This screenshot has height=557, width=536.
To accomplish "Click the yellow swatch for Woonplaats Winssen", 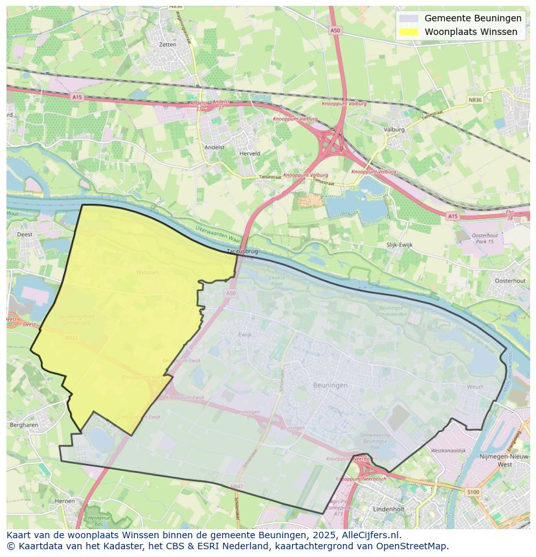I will point(408,32).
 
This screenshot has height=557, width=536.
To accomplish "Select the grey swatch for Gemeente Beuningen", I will point(408,18).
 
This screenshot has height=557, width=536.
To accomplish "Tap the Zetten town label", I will point(167,45).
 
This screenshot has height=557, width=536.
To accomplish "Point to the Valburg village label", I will point(394,129).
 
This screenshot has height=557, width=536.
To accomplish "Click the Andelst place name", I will point(214,147).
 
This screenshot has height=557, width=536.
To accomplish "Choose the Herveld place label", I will point(250,153).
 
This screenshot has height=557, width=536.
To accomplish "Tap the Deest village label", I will point(25,235).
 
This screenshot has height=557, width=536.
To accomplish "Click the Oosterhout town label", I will point(510,281).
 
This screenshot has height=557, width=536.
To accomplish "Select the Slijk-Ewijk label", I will point(399,245).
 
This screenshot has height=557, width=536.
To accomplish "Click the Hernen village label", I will point(65,501).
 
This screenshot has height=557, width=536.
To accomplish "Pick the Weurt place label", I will point(475,386).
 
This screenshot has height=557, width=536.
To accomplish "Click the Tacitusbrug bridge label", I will point(243,250).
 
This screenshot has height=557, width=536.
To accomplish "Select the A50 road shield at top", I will point(335,30).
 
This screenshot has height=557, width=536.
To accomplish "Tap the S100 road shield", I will point(473,492).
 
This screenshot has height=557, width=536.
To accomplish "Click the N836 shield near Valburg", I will point(475,100).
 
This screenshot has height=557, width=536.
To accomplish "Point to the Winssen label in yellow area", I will point(147,272).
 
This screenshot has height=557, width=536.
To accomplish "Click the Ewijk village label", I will point(245,334).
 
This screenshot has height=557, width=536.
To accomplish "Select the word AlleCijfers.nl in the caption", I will point(372,536).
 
